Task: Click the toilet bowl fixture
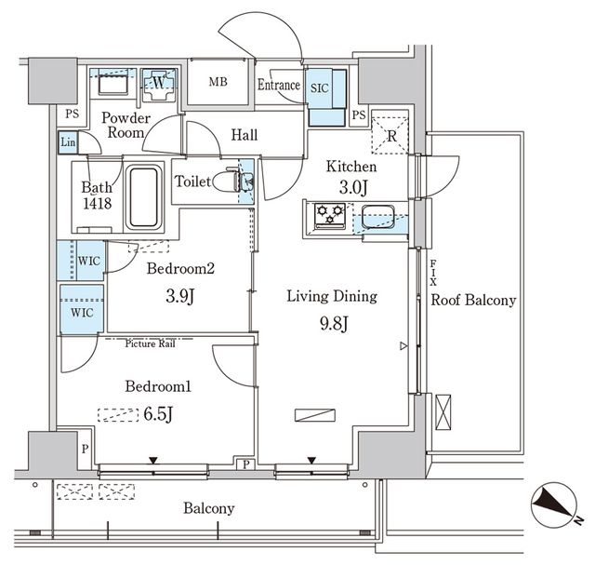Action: point(226,182)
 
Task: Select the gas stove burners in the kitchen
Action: point(328,216)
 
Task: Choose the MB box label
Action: point(218,82)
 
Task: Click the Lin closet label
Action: point(68,142)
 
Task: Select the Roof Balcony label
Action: point(473,301)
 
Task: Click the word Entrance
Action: point(279,86)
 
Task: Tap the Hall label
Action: point(244,136)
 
